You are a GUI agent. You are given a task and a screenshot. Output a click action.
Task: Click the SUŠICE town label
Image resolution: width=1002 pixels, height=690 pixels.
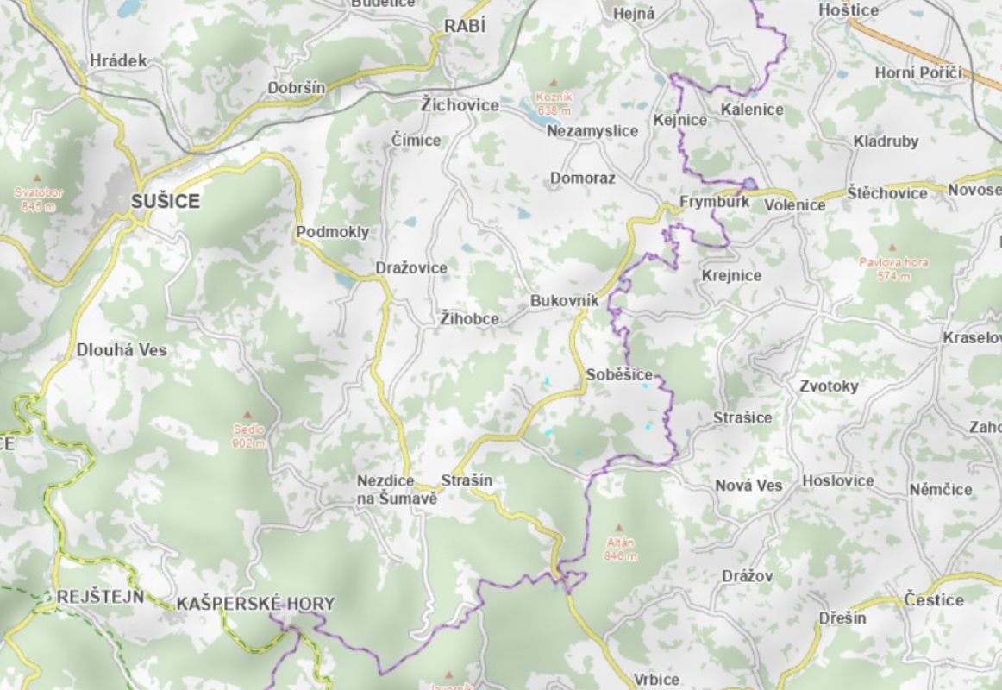click(165, 202)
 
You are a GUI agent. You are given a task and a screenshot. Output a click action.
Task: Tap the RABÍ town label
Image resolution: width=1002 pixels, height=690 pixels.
click(465, 27)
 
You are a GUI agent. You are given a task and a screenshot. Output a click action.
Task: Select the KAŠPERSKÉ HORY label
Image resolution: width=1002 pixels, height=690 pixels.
click(254, 604)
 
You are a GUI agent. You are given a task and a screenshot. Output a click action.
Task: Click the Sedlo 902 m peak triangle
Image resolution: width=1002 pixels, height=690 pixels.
click(247, 415)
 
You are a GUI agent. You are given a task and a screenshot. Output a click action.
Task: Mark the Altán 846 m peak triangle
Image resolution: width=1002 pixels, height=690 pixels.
click(619, 528)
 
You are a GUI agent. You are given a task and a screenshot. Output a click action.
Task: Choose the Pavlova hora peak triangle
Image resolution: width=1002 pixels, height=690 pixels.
click(893, 247)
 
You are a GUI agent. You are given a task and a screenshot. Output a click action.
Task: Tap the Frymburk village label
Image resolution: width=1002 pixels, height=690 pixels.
click(714, 203)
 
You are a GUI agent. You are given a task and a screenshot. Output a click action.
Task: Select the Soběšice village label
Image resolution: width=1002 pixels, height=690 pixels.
click(619, 375)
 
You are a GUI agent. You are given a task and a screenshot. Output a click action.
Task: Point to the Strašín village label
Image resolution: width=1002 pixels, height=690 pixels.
click(467, 480)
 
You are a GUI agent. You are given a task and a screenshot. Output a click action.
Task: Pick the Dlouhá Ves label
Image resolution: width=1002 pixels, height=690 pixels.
click(122, 351)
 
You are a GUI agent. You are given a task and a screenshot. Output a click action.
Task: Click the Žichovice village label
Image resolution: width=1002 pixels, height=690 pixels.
click(460, 105)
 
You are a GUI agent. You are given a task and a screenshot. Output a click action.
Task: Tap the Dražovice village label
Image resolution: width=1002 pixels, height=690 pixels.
click(411, 268)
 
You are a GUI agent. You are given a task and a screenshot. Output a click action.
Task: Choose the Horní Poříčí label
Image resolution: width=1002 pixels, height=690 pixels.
click(917, 73)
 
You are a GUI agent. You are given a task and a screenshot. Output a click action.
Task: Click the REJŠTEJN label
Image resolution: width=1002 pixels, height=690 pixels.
click(100, 597)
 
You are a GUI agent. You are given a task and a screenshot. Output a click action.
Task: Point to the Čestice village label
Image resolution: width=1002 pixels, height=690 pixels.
click(934, 599)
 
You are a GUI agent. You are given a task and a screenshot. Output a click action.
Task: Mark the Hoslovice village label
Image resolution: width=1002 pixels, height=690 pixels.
click(837, 480)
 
